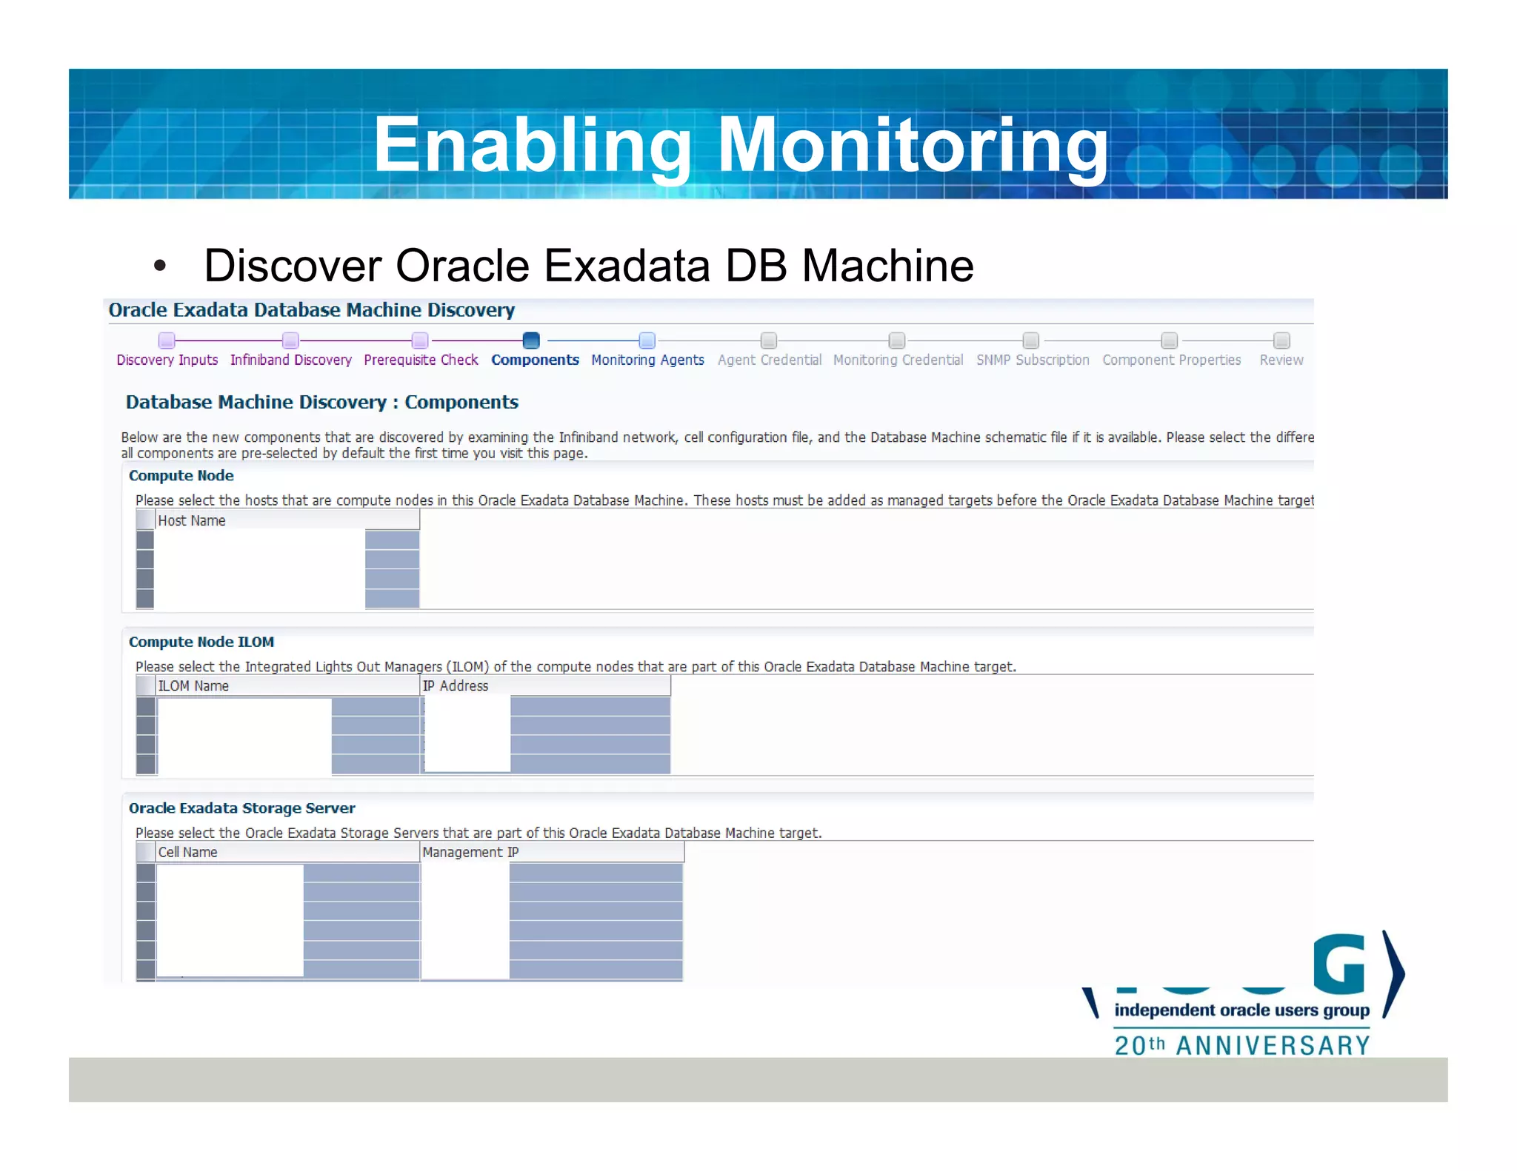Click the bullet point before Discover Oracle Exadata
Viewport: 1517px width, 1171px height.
(x=160, y=266)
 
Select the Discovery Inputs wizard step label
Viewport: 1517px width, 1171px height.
(x=167, y=360)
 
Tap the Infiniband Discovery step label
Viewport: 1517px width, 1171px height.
(x=290, y=360)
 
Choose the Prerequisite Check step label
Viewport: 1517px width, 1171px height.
(x=421, y=360)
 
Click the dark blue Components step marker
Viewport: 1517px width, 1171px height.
(x=531, y=340)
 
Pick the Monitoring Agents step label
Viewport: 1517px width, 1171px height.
(x=647, y=360)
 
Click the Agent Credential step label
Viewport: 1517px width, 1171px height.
(x=769, y=360)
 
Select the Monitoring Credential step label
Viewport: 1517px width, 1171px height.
(x=898, y=360)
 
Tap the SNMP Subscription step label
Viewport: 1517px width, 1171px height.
(x=1032, y=360)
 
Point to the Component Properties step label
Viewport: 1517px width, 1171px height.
(x=1171, y=360)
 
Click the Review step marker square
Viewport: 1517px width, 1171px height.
(x=1281, y=340)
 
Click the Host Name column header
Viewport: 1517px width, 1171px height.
(x=192, y=520)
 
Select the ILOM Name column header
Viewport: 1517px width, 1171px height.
(x=193, y=686)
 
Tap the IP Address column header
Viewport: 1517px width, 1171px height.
(x=455, y=686)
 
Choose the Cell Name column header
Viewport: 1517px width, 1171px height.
(x=187, y=852)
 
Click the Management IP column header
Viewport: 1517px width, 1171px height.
(x=470, y=852)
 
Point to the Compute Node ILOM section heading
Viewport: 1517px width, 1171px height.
(x=201, y=642)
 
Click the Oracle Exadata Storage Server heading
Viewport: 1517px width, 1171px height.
(x=241, y=808)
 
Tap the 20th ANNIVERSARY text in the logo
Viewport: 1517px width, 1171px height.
(x=1242, y=1045)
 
